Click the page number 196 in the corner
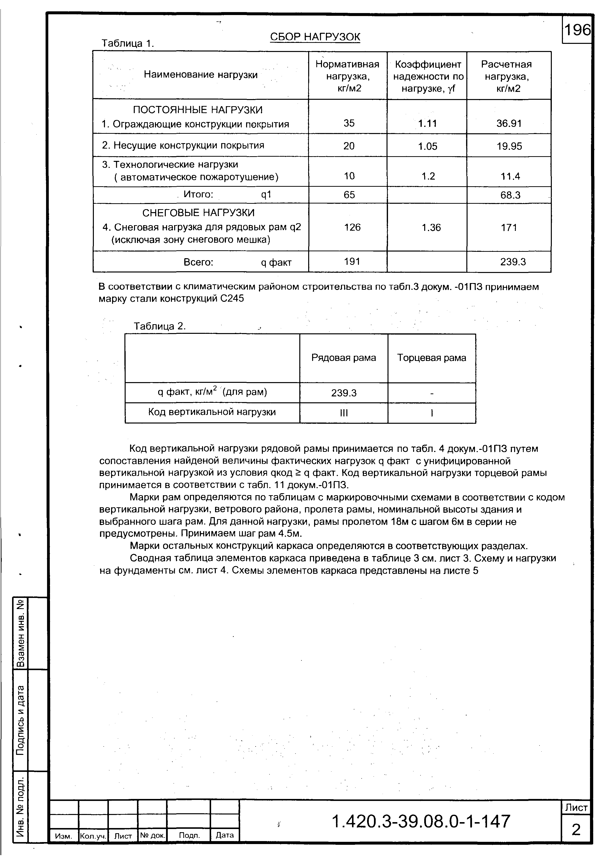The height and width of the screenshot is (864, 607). click(576, 30)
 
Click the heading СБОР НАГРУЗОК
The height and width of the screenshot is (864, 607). click(315, 37)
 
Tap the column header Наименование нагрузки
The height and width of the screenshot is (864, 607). click(201, 75)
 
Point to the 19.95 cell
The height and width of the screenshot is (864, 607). click(509, 146)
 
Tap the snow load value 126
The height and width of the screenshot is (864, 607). click(352, 227)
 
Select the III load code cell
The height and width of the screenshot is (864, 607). click(344, 413)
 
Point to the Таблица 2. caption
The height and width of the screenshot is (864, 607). click(160, 326)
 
